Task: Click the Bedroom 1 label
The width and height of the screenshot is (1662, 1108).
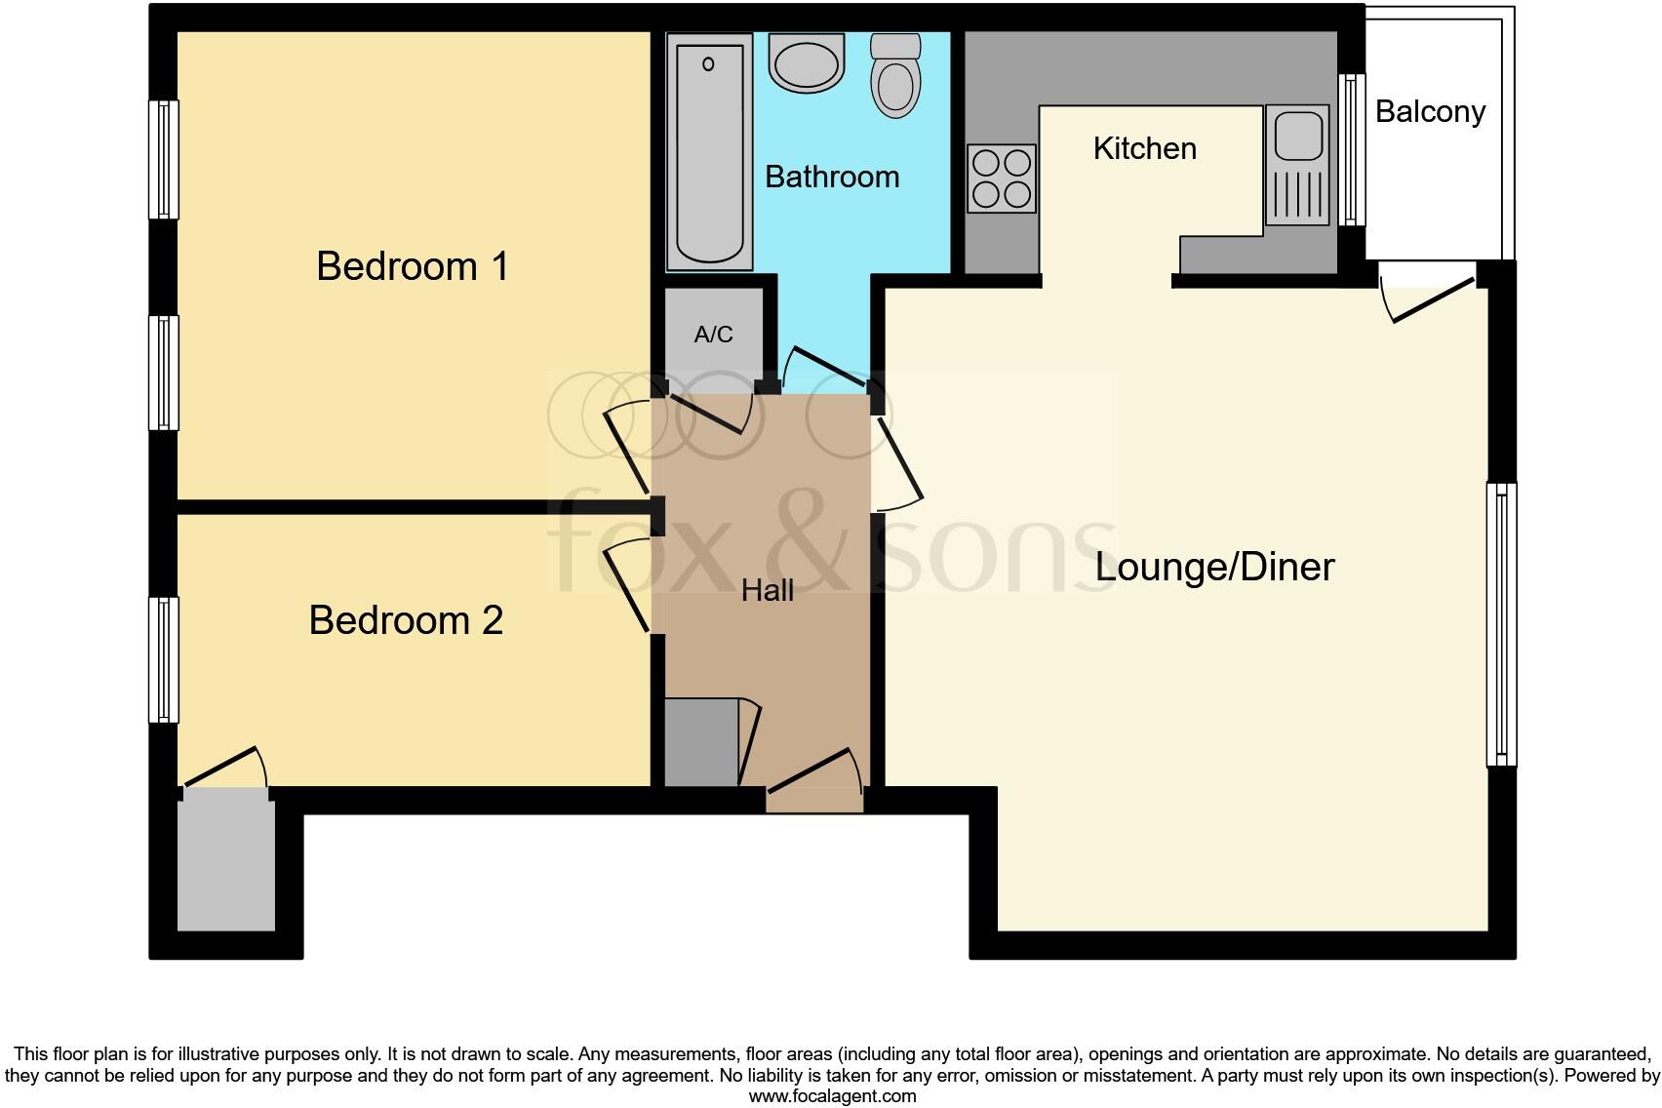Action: pyautogui.click(x=413, y=266)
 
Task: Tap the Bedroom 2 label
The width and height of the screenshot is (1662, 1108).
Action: pyautogui.click(x=406, y=620)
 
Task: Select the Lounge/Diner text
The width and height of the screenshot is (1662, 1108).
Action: pyautogui.click(x=1214, y=567)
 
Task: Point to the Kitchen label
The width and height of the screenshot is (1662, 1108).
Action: pyautogui.click(x=1144, y=148)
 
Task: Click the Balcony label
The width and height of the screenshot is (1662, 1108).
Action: pyautogui.click(x=1430, y=111)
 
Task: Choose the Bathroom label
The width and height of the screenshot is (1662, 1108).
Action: pyautogui.click(x=832, y=177)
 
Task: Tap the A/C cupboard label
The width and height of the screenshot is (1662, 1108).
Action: pyautogui.click(x=713, y=335)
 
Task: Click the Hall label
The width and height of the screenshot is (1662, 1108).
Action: pyautogui.click(x=768, y=590)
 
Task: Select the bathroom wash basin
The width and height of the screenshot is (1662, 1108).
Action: pyautogui.click(x=806, y=63)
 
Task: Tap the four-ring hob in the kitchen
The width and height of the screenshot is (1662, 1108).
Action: pyautogui.click(x=1002, y=178)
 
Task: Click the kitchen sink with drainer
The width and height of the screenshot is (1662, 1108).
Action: pyautogui.click(x=1297, y=165)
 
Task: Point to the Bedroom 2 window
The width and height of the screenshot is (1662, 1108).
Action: pyautogui.click(x=164, y=659)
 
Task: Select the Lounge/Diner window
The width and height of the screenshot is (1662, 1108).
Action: pyautogui.click(x=1501, y=624)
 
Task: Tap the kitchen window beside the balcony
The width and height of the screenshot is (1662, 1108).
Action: pyautogui.click(x=1351, y=150)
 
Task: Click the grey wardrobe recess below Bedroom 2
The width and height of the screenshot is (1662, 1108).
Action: pyautogui.click(x=225, y=858)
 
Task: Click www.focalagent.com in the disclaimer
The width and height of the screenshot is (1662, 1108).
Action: pyautogui.click(x=832, y=1095)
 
